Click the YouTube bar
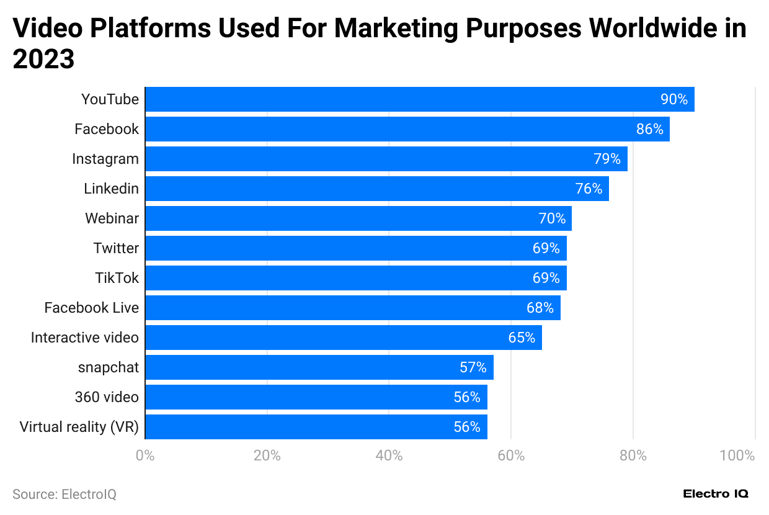pyautogui.click(x=419, y=99)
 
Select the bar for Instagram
pyautogui.click(x=386, y=159)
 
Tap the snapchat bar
pyautogui.click(x=319, y=367)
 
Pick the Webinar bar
pyautogui.click(x=358, y=218)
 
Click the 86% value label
pyautogui.click(x=649, y=129)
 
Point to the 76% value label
pyautogui.click(x=589, y=189)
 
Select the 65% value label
pyautogui.click(x=522, y=338)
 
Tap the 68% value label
pyautogui.click(x=540, y=308)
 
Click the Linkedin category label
pyautogui.click(x=111, y=189)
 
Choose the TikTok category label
pyautogui.click(x=117, y=278)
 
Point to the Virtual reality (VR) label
pyautogui.click(x=79, y=427)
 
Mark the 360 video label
pyautogui.click(x=107, y=397)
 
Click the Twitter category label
pyautogui.click(x=116, y=248)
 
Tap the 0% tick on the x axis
pyautogui.click(x=145, y=455)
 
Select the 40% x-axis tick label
pyautogui.click(x=389, y=455)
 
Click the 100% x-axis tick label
pyautogui.click(x=737, y=455)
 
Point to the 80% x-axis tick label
pyautogui.click(x=633, y=455)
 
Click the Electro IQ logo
pyautogui.click(x=716, y=494)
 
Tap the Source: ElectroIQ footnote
pyautogui.click(x=64, y=495)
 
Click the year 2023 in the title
pyautogui.click(x=43, y=60)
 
